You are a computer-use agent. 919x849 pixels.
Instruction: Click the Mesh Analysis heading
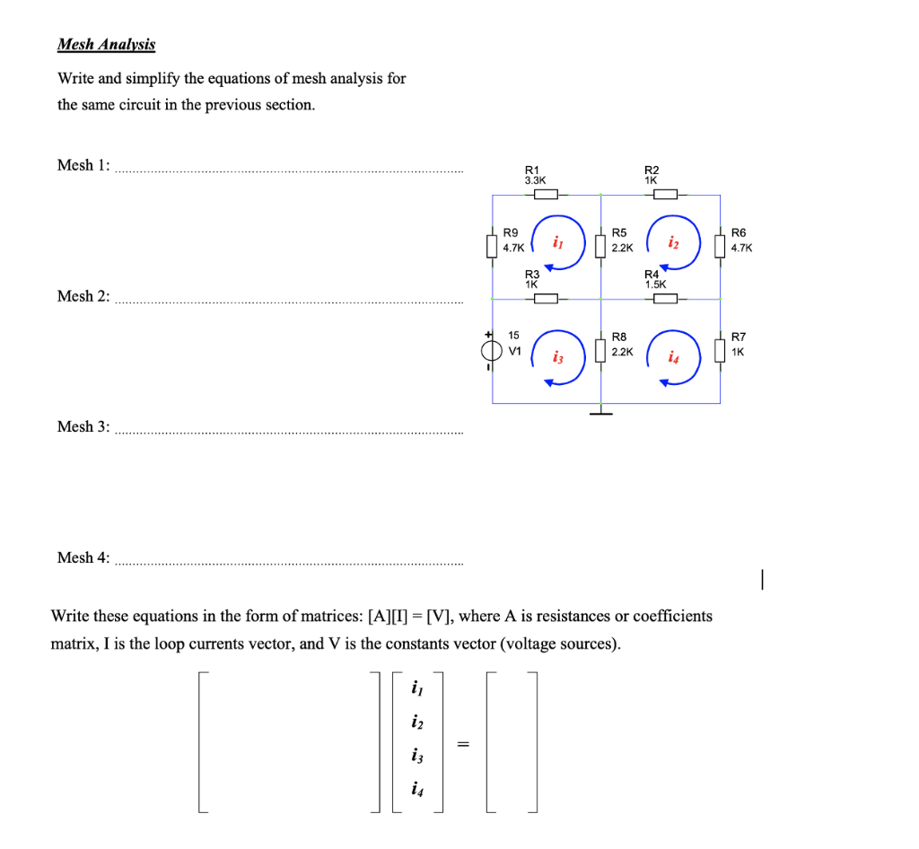pyautogui.click(x=106, y=44)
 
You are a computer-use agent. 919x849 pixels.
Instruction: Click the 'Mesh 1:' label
pyautogui.click(x=83, y=165)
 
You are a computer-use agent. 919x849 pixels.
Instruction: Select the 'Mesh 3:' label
pyautogui.click(x=83, y=427)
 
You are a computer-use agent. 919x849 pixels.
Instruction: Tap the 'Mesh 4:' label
pyautogui.click(x=83, y=558)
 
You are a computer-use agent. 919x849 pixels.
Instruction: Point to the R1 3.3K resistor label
pyautogui.click(x=534, y=174)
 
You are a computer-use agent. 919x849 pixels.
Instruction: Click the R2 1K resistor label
pyautogui.click(x=652, y=174)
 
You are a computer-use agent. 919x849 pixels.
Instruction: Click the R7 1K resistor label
pyautogui.click(x=739, y=345)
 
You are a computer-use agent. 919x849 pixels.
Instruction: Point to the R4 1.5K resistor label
pyautogui.click(x=654, y=278)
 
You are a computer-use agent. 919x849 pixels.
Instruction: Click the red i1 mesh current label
pyautogui.click(x=558, y=241)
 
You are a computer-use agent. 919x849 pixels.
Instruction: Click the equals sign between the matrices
pyautogui.click(x=463, y=743)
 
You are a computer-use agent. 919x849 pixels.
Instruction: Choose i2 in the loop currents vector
pyautogui.click(x=416, y=722)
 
